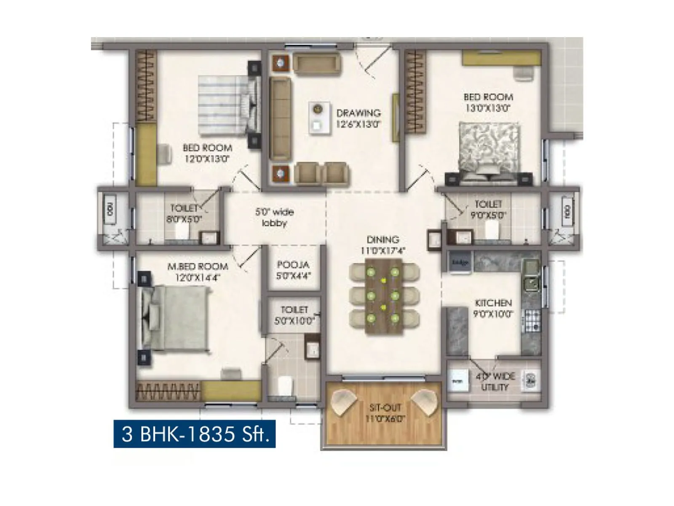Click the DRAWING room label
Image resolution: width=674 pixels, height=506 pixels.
point(358,113)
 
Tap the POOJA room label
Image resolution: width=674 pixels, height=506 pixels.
point(293,265)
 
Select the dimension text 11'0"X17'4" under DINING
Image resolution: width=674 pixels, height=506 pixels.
point(382,251)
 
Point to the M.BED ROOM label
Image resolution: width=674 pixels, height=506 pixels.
point(198,266)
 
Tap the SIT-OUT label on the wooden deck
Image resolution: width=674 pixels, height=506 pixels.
point(385,407)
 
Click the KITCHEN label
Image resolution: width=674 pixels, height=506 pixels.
point(493,303)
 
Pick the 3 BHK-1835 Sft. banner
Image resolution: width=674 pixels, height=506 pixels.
point(195,434)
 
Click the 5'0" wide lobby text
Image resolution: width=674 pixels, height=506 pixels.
point(275,217)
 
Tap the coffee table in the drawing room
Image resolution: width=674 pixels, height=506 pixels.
point(319,118)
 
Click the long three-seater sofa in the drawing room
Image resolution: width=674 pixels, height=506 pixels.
point(280,118)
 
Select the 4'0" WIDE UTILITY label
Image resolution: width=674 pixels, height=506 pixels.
point(495,382)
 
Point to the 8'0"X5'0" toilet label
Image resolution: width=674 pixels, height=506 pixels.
point(184,219)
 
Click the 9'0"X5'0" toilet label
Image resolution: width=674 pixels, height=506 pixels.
point(488,215)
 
